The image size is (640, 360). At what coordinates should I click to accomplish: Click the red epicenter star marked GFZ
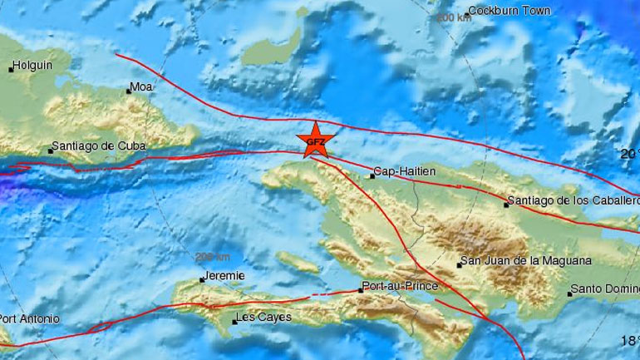316,141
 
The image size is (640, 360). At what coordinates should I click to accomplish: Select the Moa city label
142,86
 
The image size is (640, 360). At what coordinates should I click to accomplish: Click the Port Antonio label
30,318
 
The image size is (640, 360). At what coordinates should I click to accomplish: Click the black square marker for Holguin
12,69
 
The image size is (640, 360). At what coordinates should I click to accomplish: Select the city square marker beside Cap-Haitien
372,175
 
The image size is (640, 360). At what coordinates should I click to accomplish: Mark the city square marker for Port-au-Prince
361,290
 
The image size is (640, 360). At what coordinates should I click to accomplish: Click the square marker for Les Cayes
234,322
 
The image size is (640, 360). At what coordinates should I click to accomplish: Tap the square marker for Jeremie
202,280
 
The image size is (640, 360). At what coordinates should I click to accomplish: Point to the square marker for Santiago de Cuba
49,151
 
